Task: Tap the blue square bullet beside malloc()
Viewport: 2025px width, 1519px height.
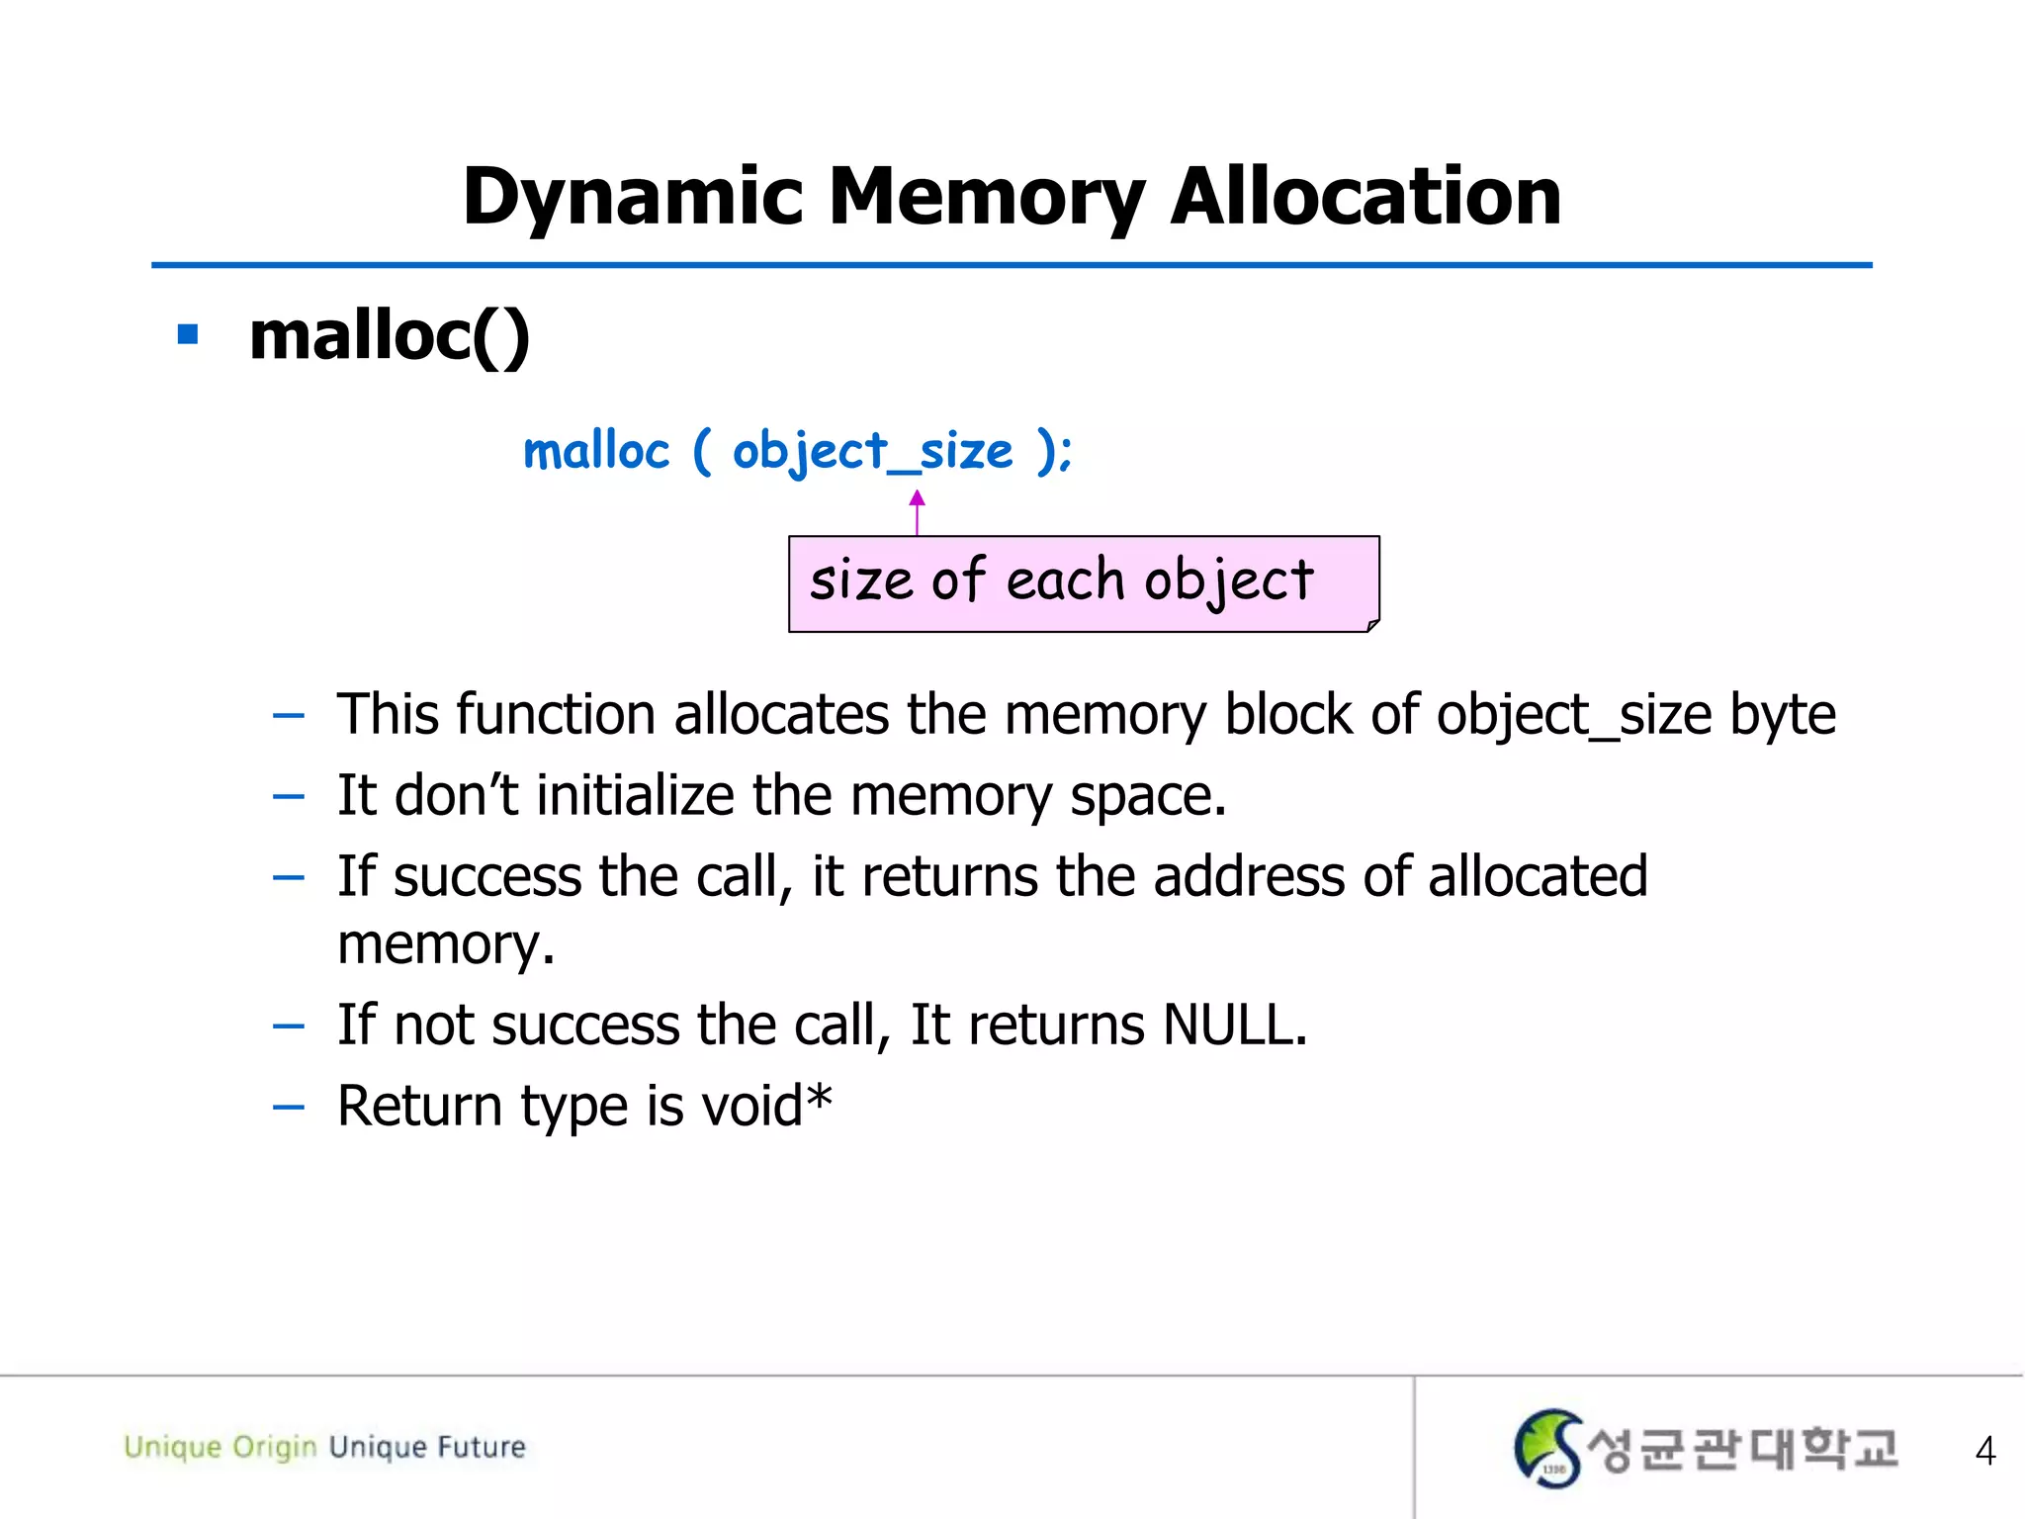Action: (188, 335)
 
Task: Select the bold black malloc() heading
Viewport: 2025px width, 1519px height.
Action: (390, 336)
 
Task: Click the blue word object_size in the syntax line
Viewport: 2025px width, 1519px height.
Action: (872, 452)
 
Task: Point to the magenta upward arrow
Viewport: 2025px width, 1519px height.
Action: (917, 511)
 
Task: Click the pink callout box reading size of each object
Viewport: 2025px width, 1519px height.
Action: (1083, 583)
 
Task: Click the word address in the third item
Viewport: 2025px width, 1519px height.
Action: (1248, 876)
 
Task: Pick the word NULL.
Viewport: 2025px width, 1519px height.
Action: (1234, 1025)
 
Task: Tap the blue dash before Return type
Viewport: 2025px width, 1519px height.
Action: (288, 1108)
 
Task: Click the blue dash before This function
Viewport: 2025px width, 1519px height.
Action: (288, 716)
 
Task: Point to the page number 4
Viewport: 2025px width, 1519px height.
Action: (1984, 1451)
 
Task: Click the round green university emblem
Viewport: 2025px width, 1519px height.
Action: (1547, 1449)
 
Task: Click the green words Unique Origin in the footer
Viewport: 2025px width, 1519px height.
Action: (220, 1447)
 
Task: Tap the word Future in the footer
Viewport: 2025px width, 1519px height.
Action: (482, 1447)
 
